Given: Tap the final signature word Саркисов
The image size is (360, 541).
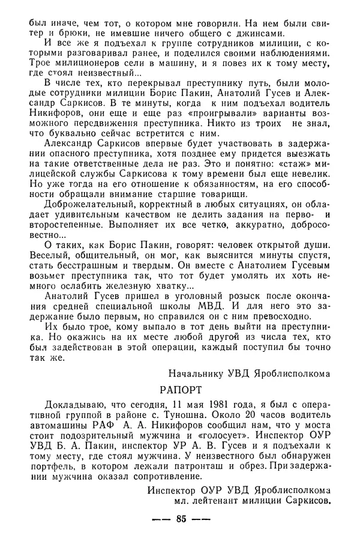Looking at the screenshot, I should coord(305,499).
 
